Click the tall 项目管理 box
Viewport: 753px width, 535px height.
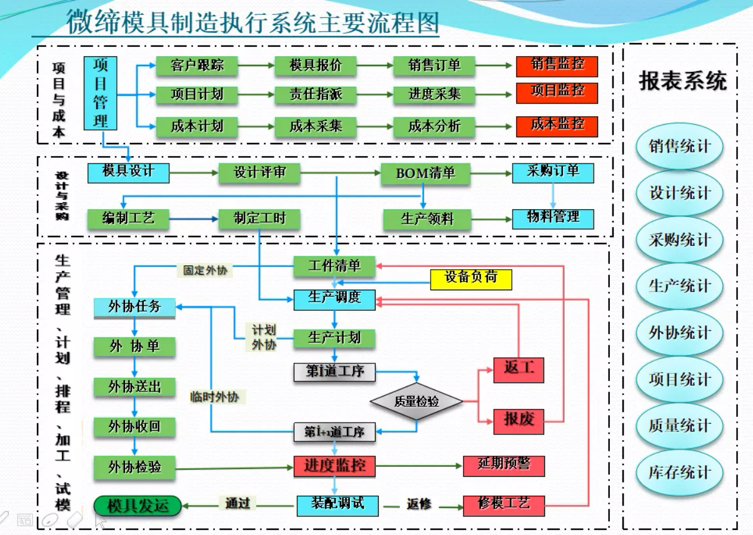(x=101, y=93)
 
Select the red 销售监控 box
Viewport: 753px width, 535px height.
(x=557, y=66)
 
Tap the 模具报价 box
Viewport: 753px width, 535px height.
(x=316, y=66)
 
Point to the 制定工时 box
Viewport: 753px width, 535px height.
(x=259, y=219)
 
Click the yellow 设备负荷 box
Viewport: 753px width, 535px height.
(x=471, y=279)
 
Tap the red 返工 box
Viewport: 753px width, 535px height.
(x=519, y=369)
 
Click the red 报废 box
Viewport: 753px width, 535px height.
(x=519, y=420)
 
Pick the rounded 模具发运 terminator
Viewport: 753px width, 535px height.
(x=137, y=505)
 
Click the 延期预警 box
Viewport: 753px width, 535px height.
(x=504, y=466)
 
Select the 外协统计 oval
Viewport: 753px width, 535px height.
(x=679, y=333)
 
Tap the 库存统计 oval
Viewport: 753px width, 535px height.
(x=679, y=473)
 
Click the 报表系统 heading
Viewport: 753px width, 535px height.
(x=682, y=81)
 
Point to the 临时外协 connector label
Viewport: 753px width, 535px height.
(x=214, y=397)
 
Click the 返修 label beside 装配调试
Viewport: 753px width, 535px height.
(x=419, y=504)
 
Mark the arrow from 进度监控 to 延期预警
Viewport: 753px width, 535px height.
(x=419, y=466)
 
